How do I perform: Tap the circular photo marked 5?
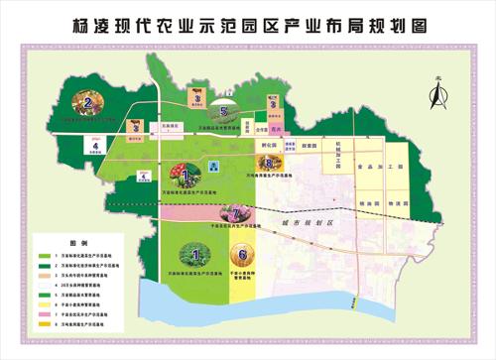[x=225, y=112]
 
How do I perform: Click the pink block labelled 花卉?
[x=279, y=128]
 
